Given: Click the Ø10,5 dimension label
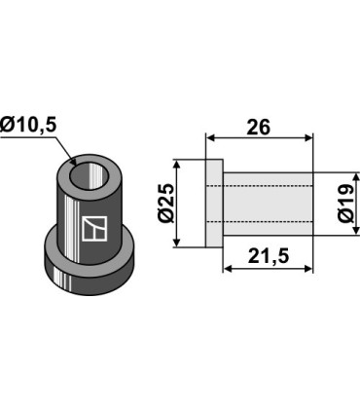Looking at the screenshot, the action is [28, 126].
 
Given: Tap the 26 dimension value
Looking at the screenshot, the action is [258, 128].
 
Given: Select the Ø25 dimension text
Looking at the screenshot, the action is [166, 204].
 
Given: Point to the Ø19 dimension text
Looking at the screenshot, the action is [345, 204].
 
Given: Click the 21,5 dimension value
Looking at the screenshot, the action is [269, 257].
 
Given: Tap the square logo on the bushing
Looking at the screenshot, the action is [94, 229].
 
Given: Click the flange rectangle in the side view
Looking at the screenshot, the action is [214, 204].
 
